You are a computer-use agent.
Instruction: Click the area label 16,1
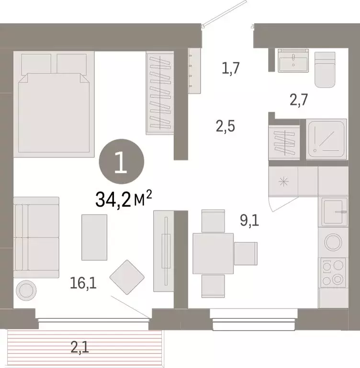tap(83, 284)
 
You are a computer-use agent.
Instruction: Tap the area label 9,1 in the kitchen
tap(249, 221)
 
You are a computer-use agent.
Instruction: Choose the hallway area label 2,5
tap(225, 127)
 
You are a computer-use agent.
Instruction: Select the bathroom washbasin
tap(294, 60)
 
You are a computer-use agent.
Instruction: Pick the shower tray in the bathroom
tap(326, 139)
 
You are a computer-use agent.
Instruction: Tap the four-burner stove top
tap(332, 272)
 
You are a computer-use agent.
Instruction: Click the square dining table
tap(213, 253)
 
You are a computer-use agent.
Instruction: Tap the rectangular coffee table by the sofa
tap(94, 237)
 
